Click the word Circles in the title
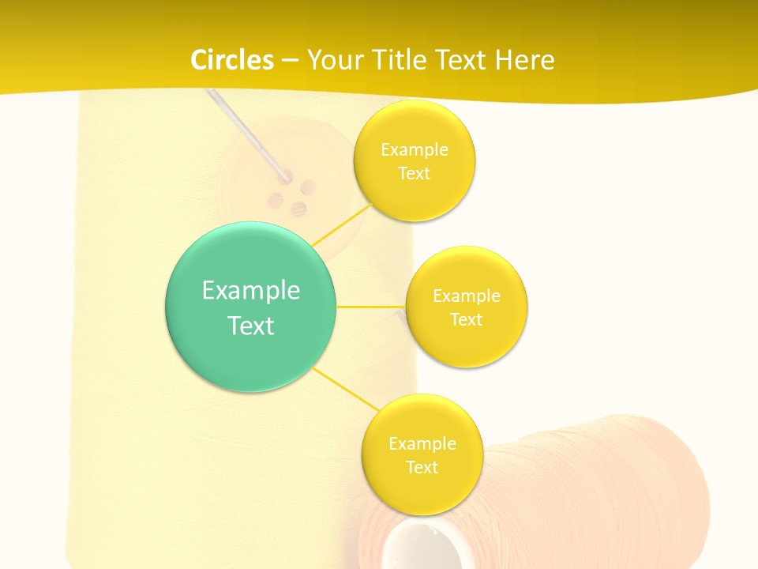pyautogui.click(x=232, y=60)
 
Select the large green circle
pyautogui.click(x=250, y=307)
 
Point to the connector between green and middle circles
pyautogui.click(x=370, y=306)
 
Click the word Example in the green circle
pyautogui.click(x=250, y=290)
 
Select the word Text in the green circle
pyautogui.click(x=250, y=326)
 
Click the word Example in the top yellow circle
pyautogui.click(x=414, y=150)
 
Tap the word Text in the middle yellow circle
pyautogui.click(x=466, y=319)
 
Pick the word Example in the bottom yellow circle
pyautogui.click(x=422, y=443)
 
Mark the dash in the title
pyautogui.click(x=289, y=60)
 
